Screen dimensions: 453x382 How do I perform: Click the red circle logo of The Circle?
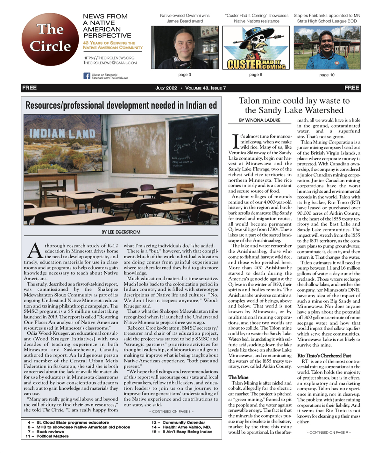pyautogui.click(x=50, y=39)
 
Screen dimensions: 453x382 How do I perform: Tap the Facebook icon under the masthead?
pyautogui.click(x=87, y=76)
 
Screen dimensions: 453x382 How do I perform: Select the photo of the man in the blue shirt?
pyautogui.click(x=327, y=48)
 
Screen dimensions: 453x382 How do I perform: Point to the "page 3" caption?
pyautogui.click(x=185, y=75)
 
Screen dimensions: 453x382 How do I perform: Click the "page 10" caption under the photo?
pyautogui.click(x=327, y=75)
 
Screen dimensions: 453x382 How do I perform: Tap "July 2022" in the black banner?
pyautogui.click(x=166, y=88)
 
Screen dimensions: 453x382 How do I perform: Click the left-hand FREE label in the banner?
pyautogui.click(x=29, y=88)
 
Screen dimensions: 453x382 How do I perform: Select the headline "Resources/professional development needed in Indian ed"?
pyautogui.click(x=121, y=105)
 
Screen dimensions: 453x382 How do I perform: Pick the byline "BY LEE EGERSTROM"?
pyautogui.click(x=121, y=232)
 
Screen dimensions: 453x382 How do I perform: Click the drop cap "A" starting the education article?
pyautogui.click(x=34, y=251)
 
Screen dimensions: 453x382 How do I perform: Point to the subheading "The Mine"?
pyautogui.click(x=238, y=377)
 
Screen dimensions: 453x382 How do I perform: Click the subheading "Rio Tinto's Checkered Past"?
pyautogui.click(x=324, y=356)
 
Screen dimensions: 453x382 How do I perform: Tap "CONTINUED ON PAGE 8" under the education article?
pyautogui.click(x=171, y=412)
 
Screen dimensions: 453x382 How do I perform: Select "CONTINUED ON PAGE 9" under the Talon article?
pyautogui.click(x=329, y=433)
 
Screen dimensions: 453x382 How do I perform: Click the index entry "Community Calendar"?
pyautogui.click(x=184, y=423)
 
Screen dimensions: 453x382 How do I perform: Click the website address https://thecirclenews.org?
pyautogui.click(x=109, y=58)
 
